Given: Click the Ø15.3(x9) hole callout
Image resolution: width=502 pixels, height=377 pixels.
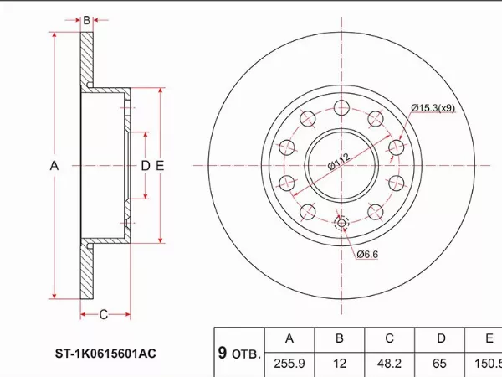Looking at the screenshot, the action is click(x=433, y=108).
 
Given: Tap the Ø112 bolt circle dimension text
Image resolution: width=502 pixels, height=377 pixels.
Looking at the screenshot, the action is click(x=339, y=161).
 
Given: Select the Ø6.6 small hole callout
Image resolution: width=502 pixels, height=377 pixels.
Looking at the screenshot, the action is click(x=367, y=254).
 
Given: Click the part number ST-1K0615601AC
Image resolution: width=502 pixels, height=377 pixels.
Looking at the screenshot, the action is click(x=105, y=354).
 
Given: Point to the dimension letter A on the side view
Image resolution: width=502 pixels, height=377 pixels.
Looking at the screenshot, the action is click(x=54, y=166).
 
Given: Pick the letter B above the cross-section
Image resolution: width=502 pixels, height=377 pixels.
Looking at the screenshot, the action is click(x=86, y=20).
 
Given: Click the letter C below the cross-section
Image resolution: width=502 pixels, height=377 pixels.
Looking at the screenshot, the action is click(x=104, y=315).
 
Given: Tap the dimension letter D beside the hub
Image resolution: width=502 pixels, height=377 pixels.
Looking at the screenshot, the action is click(x=146, y=166).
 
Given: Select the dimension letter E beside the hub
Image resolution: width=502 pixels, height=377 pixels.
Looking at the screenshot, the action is click(x=160, y=166).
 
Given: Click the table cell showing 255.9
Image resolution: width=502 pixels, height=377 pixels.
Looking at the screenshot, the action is click(x=289, y=364).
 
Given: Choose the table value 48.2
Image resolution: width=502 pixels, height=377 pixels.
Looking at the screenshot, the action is click(x=389, y=364).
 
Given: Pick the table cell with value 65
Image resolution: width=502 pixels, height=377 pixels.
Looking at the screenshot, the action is click(x=439, y=364).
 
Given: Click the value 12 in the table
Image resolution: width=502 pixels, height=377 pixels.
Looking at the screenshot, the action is click(x=340, y=364).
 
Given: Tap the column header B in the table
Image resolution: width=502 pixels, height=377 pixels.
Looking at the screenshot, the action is click(x=340, y=338).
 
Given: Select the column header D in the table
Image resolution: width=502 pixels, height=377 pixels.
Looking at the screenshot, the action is click(x=441, y=338).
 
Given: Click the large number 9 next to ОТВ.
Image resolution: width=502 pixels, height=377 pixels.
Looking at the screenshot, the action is click(x=223, y=353).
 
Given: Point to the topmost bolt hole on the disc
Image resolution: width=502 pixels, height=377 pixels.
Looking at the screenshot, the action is click(x=341, y=107).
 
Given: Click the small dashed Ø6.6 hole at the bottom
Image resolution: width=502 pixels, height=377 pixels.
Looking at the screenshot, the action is click(x=341, y=223).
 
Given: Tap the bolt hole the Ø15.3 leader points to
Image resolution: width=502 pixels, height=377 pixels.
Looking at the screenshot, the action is click(x=397, y=147).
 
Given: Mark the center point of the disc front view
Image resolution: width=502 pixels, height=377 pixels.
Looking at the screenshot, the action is click(x=341, y=165).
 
